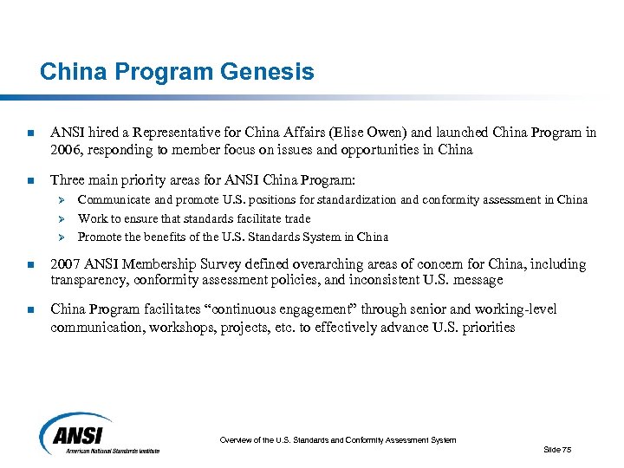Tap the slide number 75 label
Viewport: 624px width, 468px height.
(556, 449)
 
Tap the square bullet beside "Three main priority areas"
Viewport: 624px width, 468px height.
(30, 181)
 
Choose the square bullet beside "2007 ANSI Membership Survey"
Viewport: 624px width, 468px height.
(30, 264)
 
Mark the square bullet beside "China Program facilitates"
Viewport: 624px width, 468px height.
(30, 309)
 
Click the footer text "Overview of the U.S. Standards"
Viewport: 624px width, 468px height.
(337, 440)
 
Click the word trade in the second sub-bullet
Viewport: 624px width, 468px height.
(296, 219)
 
